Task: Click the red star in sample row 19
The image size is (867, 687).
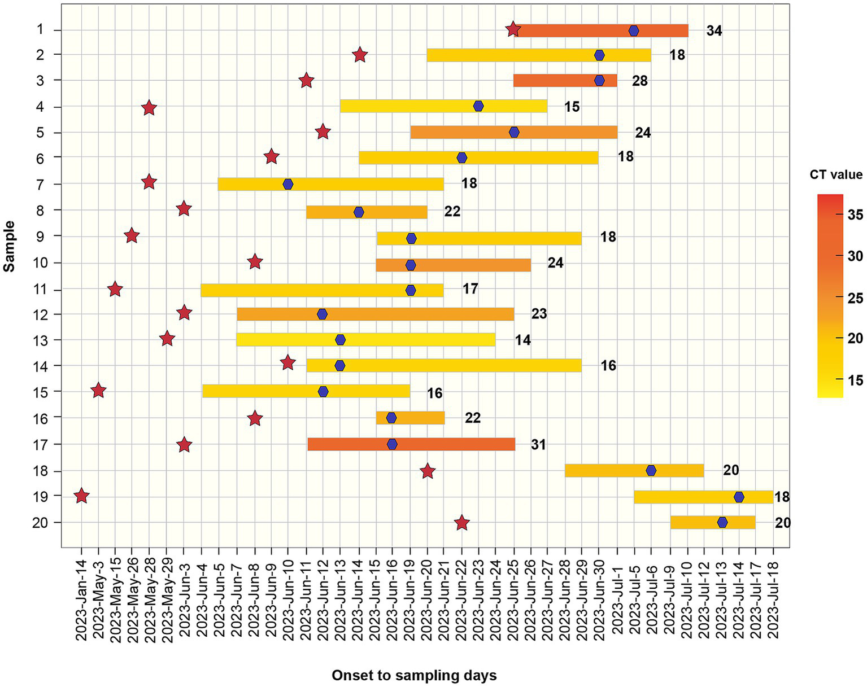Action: (81, 496)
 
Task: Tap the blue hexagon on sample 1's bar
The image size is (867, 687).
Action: (634, 30)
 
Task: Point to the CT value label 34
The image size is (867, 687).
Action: (714, 31)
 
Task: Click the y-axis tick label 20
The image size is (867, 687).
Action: (40, 523)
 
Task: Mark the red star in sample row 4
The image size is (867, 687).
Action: (149, 108)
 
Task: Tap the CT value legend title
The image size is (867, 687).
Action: (836, 174)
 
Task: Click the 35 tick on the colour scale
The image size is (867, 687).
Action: (855, 215)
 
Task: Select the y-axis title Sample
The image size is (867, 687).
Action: (9, 246)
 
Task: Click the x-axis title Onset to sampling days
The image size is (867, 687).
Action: (414, 675)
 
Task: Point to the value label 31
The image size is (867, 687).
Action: (538, 445)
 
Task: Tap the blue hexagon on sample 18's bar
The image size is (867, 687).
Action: (651, 470)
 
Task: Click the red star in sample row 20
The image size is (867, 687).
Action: (462, 523)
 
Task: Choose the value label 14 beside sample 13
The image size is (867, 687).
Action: (522, 340)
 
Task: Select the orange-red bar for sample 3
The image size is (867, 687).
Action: (565, 81)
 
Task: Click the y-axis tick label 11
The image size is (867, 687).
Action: (40, 290)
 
